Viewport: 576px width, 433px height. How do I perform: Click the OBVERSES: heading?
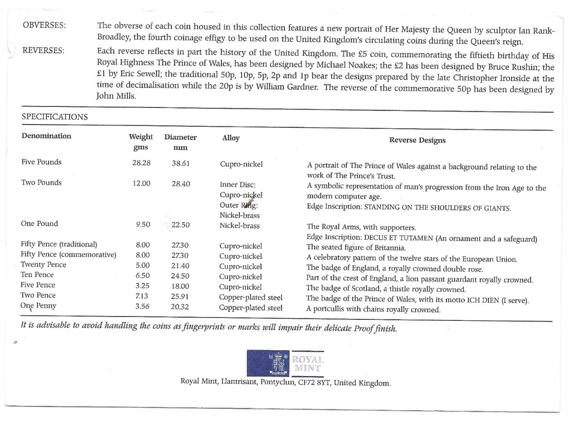(44, 25)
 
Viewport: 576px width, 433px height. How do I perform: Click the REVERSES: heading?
(44, 50)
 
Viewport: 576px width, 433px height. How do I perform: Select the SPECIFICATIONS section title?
(55, 117)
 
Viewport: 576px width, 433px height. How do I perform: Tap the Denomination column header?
(46, 136)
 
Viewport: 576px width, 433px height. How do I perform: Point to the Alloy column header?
(230, 138)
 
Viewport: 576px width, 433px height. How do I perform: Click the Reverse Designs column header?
(417, 140)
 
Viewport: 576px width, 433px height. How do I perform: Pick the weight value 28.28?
(141, 163)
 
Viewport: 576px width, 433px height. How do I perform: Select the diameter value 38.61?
(181, 163)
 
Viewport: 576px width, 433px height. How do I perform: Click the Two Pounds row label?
(41, 183)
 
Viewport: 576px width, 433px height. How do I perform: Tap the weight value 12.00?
(142, 184)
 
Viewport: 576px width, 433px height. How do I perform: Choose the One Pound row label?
(40, 224)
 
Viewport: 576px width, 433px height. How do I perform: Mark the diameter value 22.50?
(181, 225)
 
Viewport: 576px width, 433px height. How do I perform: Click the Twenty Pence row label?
(43, 264)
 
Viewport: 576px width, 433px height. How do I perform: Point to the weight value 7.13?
(142, 296)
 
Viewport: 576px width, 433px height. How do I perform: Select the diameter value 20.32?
(181, 306)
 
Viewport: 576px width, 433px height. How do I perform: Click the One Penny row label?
(38, 306)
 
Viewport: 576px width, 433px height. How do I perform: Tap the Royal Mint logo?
(286, 363)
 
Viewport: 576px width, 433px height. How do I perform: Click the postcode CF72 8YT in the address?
(314, 383)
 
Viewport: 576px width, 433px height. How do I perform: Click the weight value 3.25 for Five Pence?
(142, 285)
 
